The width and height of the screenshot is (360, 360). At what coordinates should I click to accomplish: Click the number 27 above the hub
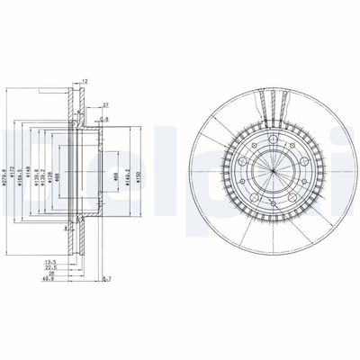click(x=106, y=105)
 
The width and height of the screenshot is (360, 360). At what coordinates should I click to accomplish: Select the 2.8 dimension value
click(x=104, y=118)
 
